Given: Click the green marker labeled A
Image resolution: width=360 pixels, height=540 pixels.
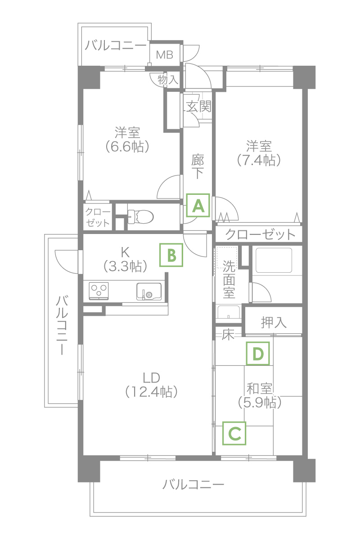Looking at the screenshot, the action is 198,205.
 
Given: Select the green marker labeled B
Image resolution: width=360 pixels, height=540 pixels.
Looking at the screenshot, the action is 171,255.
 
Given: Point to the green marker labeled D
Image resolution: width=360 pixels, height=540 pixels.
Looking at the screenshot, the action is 258,353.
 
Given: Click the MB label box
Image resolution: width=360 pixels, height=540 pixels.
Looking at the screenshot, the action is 165,55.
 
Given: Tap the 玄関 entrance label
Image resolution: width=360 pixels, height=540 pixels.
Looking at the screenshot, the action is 199,106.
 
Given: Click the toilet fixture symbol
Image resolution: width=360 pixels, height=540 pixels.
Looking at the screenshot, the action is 140,216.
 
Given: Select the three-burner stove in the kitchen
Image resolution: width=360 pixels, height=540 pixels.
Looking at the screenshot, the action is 99,291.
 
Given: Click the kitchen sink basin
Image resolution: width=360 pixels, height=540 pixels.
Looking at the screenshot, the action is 149,291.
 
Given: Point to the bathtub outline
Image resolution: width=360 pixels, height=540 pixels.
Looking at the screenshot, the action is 274,260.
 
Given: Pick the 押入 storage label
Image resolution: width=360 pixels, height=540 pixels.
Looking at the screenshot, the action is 274,323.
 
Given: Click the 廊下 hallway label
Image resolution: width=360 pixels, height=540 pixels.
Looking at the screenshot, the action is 198,166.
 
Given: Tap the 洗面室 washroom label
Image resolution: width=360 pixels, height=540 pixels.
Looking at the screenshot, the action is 229,279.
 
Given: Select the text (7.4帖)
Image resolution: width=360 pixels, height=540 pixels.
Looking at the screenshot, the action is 259,160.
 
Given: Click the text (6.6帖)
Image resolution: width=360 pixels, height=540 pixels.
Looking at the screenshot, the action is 127,146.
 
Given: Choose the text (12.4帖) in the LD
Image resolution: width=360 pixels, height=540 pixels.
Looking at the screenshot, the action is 152,392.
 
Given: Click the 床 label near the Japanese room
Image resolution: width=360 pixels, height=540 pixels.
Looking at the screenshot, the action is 228,335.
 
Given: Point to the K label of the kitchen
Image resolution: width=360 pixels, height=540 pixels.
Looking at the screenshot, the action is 125,252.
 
